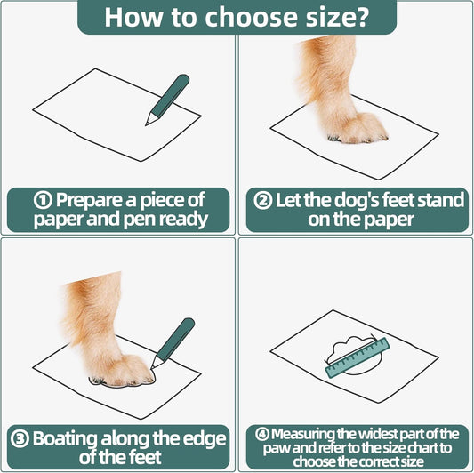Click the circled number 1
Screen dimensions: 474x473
pos(43,201)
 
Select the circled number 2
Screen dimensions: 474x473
pos(262,201)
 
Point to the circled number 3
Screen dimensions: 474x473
pos(20,439)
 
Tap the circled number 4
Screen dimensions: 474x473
pos(262,434)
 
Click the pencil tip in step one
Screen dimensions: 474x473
pos(147,124)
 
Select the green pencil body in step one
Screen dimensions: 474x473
pos(170,94)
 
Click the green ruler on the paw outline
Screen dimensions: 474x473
pos(357,357)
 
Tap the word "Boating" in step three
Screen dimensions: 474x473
pos(65,439)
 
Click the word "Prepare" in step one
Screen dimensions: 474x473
pos(92,201)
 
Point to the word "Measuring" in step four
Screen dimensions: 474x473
pos(302,434)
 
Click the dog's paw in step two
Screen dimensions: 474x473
pos(357,128)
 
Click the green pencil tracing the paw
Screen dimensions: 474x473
pos(173,343)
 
